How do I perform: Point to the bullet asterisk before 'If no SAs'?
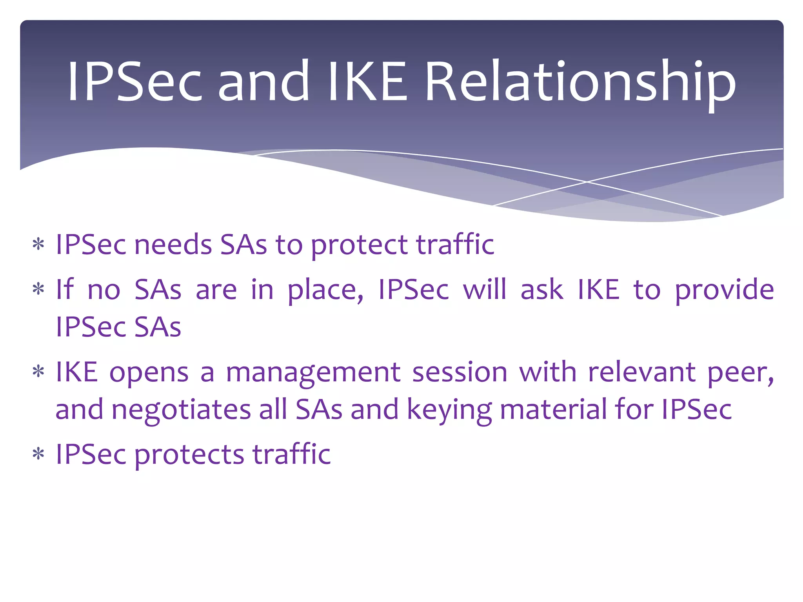(x=38, y=290)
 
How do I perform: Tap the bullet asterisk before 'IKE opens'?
(x=38, y=372)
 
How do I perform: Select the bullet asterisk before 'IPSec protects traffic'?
(x=38, y=455)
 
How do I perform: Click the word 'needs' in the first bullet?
(x=173, y=245)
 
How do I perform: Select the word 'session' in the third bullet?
(x=460, y=372)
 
